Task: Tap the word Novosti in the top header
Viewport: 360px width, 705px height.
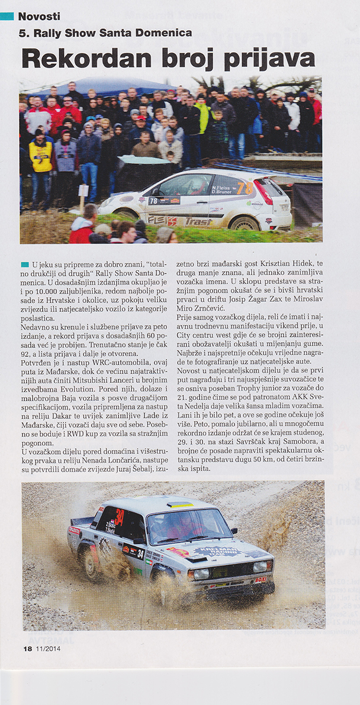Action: click(39, 17)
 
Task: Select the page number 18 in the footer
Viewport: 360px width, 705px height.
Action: click(27, 649)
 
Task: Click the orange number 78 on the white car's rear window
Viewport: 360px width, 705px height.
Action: click(245, 188)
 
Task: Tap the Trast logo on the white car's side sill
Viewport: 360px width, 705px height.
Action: click(198, 221)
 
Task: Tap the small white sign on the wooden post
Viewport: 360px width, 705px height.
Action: click(83, 191)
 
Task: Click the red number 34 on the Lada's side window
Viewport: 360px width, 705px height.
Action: click(120, 517)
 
